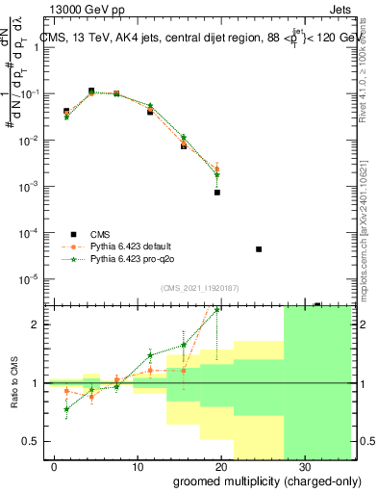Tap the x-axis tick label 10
138,465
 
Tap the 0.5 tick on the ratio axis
31,441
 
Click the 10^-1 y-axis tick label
31,94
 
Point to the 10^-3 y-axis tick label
31,187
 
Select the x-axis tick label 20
220,465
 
